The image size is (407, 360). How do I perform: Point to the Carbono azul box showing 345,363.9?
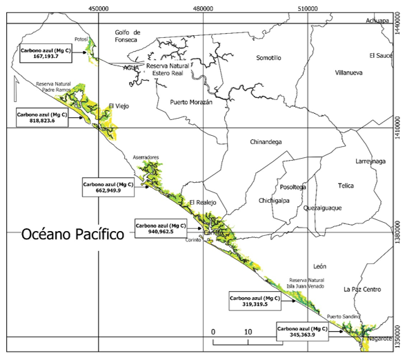(x=301, y=331)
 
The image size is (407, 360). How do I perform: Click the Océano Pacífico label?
(x=72, y=234)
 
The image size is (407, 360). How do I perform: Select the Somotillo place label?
(x=268, y=58)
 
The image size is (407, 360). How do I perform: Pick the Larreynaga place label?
(x=373, y=161)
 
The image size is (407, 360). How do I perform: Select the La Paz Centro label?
(x=361, y=290)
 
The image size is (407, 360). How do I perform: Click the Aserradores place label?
(x=146, y=158)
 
